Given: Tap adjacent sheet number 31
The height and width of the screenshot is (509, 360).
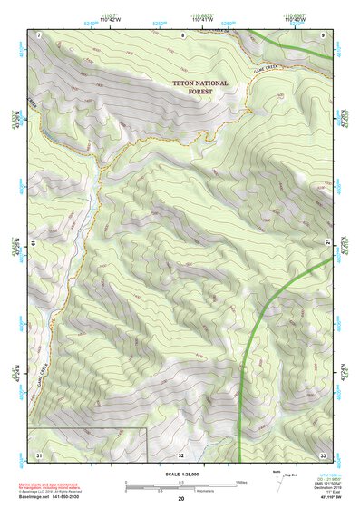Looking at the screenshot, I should coord(39,454).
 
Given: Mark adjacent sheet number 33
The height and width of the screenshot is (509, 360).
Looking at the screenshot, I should coord(323,454).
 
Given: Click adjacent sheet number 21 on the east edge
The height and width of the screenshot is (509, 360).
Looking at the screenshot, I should coord(327,240).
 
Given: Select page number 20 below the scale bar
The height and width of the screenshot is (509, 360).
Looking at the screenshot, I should coord(181,500).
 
